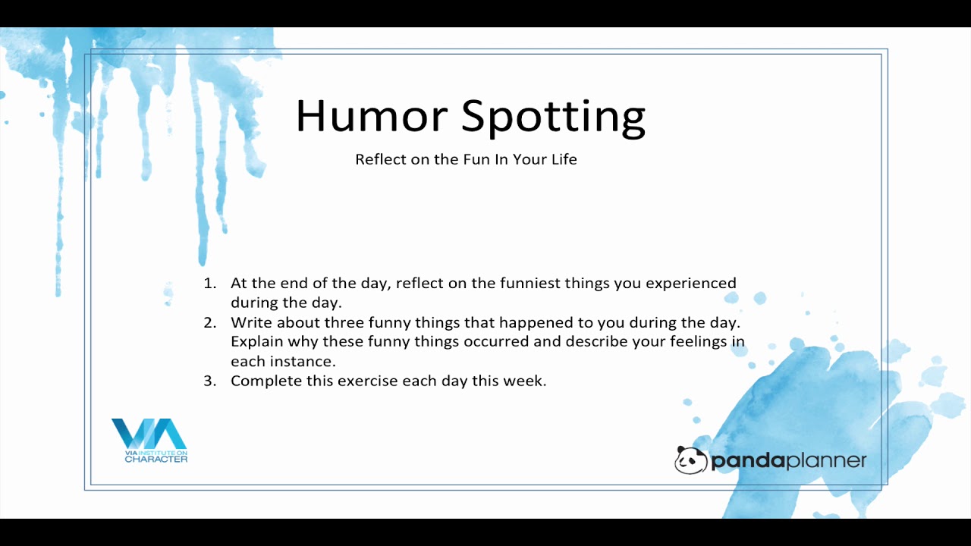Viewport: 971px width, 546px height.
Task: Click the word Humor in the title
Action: (x=372, y=116)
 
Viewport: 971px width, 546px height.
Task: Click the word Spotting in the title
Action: (x=553, y=118)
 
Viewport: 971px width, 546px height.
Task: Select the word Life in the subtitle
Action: (x=564, y=159)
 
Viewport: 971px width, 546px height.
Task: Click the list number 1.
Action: (x=210, y=284)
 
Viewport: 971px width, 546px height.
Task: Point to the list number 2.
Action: (x=210, y=323)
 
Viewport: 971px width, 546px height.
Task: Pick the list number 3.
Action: (x=210, y=381)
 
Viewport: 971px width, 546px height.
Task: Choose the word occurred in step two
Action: (x=496, y=341)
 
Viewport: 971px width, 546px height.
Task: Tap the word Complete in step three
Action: (x=266, y=381)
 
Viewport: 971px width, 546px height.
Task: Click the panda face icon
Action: (x=690, y=460)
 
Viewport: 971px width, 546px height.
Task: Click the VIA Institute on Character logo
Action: (x=149, y=441)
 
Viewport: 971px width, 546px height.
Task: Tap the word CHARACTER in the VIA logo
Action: (x=156, y=459)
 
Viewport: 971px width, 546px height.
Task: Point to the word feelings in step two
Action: (x=699, y=342)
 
